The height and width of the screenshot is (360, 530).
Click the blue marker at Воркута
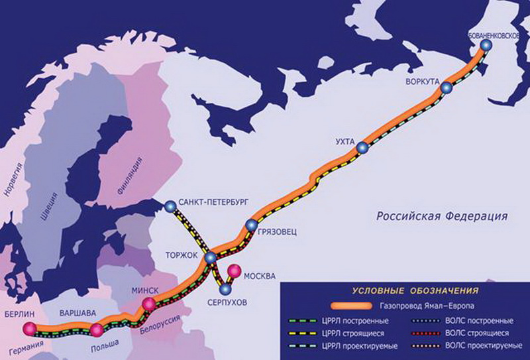446,88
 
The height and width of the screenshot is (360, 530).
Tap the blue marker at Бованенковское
486,45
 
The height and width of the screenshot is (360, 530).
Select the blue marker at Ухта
362,148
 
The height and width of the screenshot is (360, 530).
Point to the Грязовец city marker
250,225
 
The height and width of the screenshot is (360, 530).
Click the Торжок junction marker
211,257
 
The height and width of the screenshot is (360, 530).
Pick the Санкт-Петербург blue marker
170,206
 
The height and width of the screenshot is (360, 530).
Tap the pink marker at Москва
234,270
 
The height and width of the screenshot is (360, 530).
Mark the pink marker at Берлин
29,328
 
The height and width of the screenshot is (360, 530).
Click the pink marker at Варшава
97,330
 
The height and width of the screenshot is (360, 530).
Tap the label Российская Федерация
442,216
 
